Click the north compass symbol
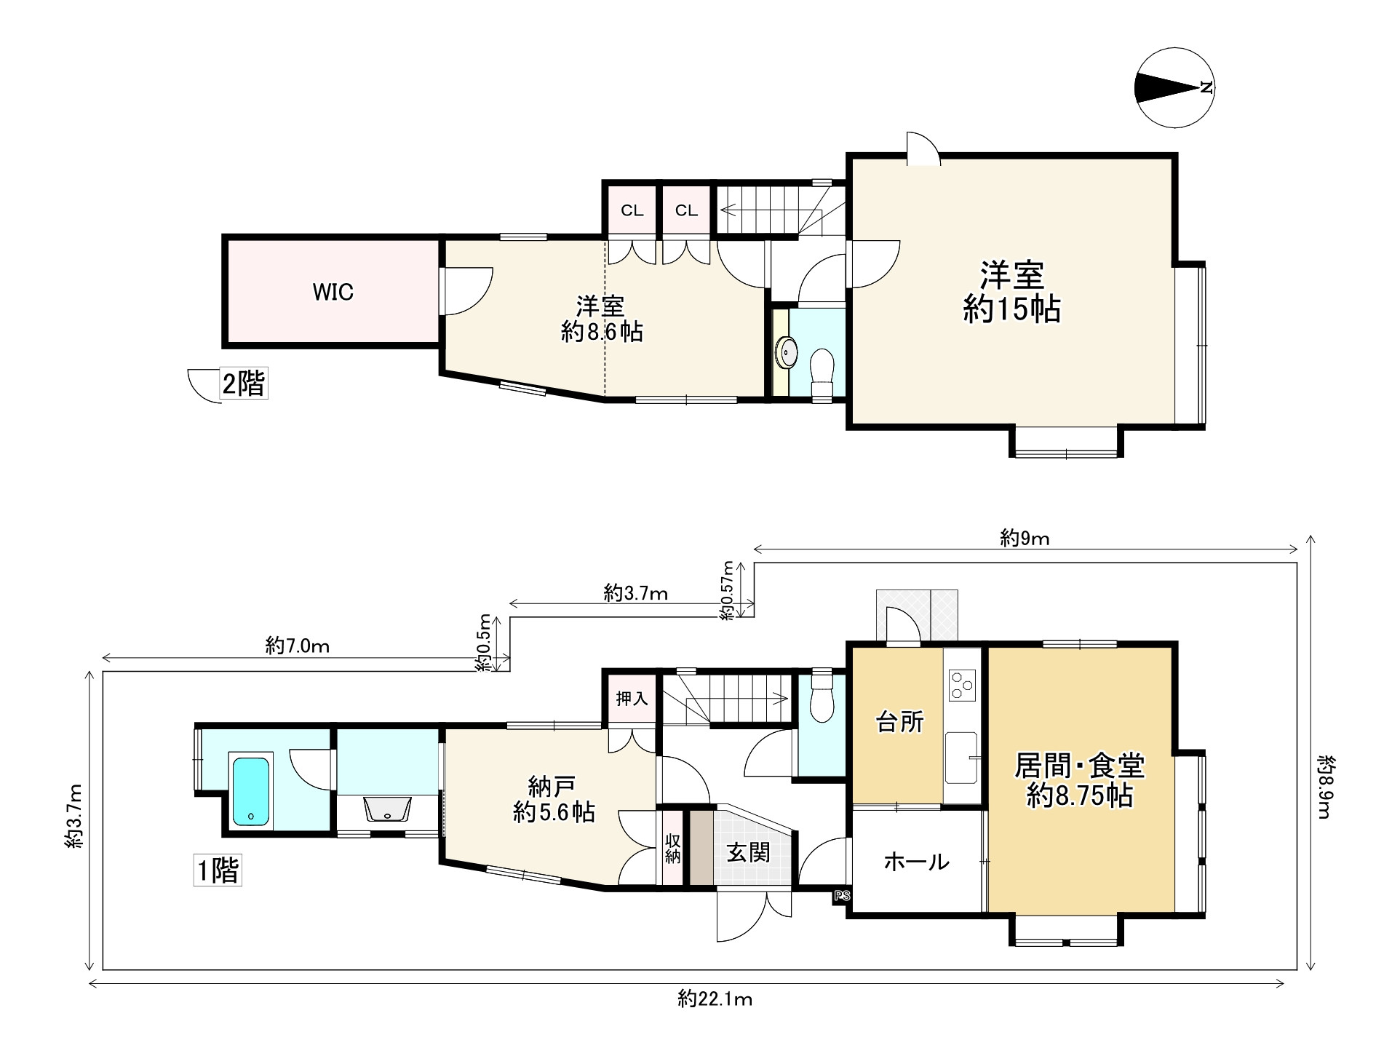(x=1174, y=88)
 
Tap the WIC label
(x=333, y=292)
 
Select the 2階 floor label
(x=244, y=383)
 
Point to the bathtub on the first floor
(x=251, y=791)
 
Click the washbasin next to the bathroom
(x=386, y=809)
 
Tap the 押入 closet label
(x=632, y=699)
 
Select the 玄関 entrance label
(x=748, y=852)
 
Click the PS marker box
(x=842, y=896)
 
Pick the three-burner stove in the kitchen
(x=961, y=685)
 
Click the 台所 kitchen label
(x=900, y=722)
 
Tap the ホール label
(x=917, y=862)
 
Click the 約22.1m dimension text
(x=715, y=1000)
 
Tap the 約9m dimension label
(x=1025, y=539)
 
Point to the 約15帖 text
(x=1012, y=309)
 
